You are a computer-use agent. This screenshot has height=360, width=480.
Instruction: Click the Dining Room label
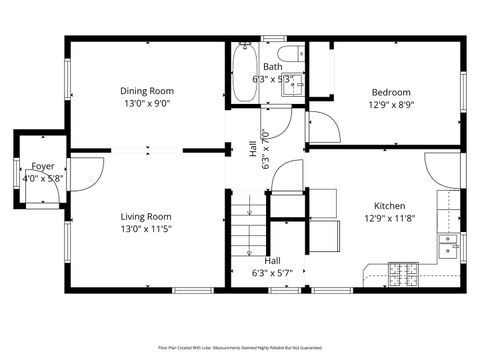(x=146, y=90)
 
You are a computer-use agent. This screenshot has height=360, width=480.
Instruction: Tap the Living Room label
(x=146, y=216)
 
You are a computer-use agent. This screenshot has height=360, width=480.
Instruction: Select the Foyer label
(x=43, y=166)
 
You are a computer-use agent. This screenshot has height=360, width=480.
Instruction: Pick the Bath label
(x=272, y=67)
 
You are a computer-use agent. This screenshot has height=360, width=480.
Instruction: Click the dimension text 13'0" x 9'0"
(x=146, y=103)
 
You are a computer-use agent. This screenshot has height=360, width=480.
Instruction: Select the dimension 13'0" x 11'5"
(x=146, y=229)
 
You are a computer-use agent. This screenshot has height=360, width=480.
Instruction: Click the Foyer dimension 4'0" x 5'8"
(x=43, y=178)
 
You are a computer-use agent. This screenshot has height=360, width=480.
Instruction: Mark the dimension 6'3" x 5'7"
(x=272, y=272)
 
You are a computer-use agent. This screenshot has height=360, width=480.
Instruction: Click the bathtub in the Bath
(x=243, y=76)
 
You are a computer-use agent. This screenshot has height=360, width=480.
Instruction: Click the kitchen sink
(x=448, y=243)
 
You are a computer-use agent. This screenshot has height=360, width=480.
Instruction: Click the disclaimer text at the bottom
(x=240, y=347)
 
